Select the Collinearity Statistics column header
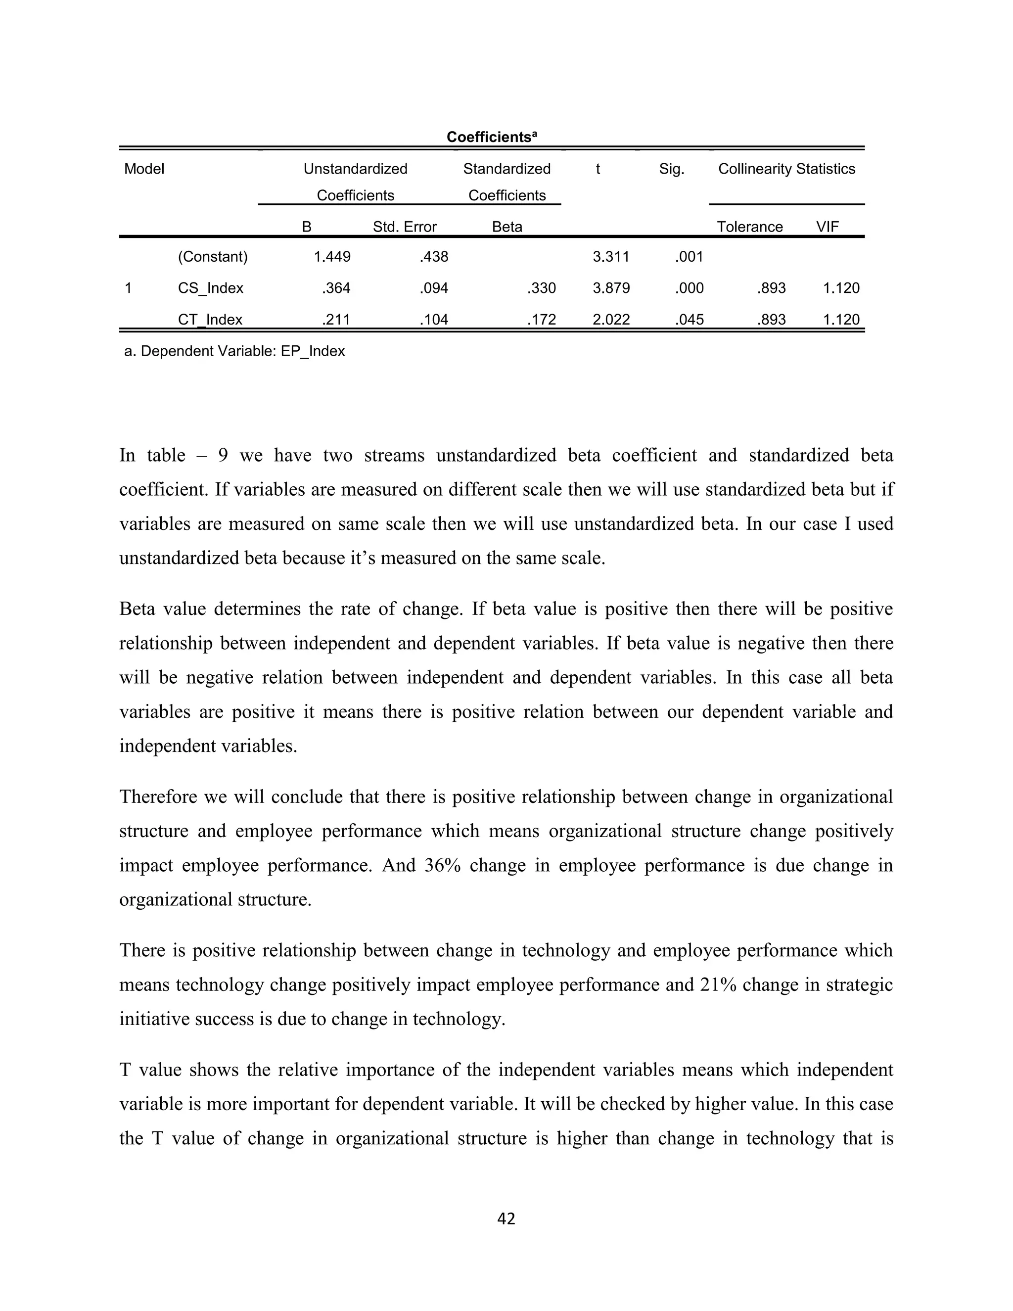tap(786, 169)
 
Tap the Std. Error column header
tap(405, 227)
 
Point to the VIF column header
tap(827, 227)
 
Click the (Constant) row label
tap(212, 257)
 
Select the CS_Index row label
tap(210, 288)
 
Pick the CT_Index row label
tap(210, 320)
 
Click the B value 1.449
tap(332, 257)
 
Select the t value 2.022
tap(611, 320)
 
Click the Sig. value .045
tap(689, 320)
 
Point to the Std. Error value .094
tap(433, 288)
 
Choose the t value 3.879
tap(611, 288)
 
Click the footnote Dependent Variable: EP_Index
tap(234, 351)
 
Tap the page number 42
tap(506, 1218)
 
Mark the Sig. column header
tap(671, 169)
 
